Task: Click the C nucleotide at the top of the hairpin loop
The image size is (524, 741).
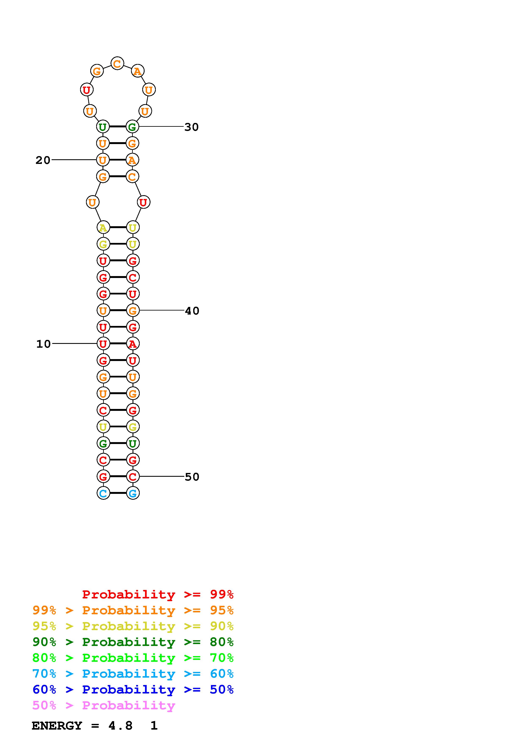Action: (x=117, y=64)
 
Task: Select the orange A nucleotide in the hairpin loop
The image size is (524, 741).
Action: (x=138, y=71)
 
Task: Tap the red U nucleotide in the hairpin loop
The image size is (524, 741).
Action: (x=86, y=90)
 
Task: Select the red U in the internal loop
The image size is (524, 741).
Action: (x=143, y=202)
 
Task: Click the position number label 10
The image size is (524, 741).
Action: (x=44, y=344)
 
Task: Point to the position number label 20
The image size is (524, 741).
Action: (x=43, y=160)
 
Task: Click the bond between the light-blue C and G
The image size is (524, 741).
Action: (x=118, y=493)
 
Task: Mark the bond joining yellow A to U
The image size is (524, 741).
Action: (x=118, y=227)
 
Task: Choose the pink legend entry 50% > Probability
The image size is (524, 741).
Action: (x=104, y=706)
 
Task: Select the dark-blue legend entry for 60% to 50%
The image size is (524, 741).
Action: (x=133, y=689)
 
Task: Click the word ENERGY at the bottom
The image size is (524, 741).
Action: (x=57, y=726)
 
